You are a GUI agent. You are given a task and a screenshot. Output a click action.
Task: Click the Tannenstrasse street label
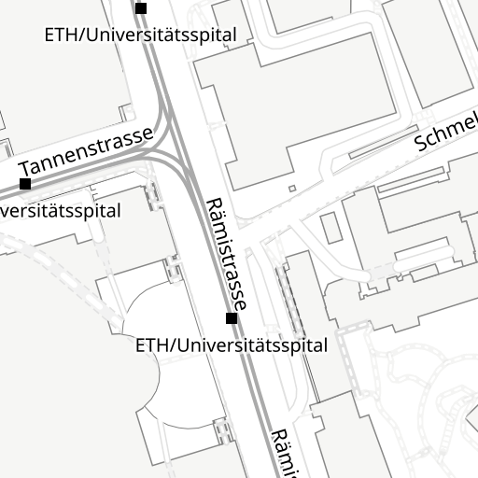click(85, 152)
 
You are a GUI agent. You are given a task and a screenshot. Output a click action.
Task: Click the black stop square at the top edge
click(141, 8)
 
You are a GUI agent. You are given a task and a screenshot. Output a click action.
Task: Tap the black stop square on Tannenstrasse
click(25, 183)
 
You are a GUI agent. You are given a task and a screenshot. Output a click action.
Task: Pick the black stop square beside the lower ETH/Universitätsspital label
click(232, 318)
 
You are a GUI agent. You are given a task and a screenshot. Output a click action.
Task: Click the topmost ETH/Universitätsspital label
click(141, 35)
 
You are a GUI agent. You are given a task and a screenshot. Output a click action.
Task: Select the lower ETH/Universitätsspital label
click(232, 345)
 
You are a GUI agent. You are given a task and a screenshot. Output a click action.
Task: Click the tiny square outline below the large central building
click(291, 189)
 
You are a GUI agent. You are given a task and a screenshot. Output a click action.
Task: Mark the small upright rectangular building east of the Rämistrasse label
click(331, 227)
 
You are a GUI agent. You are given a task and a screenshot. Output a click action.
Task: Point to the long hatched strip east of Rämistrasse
click(290, 301)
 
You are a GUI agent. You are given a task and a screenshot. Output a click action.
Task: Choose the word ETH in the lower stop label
click(151, 345)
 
